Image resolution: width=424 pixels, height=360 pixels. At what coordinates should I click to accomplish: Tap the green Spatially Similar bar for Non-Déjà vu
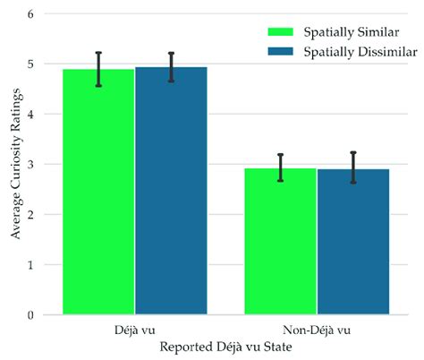coord(280,241)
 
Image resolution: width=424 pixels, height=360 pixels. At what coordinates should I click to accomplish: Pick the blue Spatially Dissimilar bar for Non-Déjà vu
coord(353,242)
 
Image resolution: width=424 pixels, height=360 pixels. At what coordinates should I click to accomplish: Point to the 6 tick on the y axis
coord(32,14)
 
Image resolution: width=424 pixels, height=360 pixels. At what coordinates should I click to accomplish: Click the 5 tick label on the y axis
coord(32,64)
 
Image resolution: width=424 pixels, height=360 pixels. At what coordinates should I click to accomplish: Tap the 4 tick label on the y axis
coord(32,115)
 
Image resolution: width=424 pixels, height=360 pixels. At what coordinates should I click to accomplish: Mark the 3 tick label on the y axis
coord(32,165)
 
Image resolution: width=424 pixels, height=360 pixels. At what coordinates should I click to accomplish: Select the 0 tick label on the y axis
coord(32,315)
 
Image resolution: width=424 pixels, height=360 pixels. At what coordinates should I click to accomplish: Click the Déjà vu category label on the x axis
coord(134,329)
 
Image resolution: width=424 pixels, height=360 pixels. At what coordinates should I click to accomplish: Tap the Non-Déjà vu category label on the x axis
coord(317,329)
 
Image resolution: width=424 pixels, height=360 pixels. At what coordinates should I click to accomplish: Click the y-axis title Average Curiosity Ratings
coord(13,165)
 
